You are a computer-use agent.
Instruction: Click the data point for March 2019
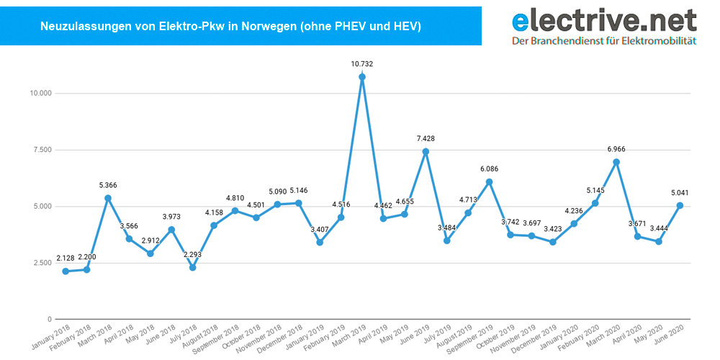point(362,77)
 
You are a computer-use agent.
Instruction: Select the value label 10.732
point(362,64)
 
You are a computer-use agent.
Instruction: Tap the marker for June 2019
point(426,151)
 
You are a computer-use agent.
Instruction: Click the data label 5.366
point(108,185)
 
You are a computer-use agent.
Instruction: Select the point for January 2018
point(66,271)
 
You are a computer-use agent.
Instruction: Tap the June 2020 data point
point(680,205)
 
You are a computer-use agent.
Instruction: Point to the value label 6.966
point(616,148)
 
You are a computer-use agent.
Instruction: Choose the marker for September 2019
point(490,181)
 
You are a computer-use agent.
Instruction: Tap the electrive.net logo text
point(603,19)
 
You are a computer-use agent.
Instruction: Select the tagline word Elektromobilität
point(662,41)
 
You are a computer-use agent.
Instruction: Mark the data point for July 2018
point(192,268)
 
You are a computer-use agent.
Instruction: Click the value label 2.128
point(66,258)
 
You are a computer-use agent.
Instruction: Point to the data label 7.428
point(426,138)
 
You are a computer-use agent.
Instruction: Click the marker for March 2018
point(108,198)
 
